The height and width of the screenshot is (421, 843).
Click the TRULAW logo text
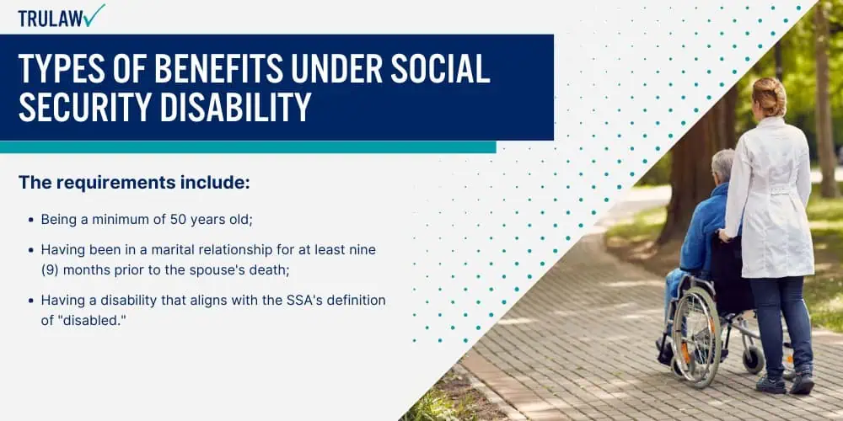(x=51, y=19)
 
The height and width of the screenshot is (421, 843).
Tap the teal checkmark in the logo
(x=94, y=15)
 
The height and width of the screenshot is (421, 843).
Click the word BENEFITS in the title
(x=218, y=69)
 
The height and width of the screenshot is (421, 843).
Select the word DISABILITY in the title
(x=235, y=106)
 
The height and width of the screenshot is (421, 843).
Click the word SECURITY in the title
(x=84, y=106)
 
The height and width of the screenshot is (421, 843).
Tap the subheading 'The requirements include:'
(x=134, y=183)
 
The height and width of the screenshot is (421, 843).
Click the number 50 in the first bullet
(x=177, y=219)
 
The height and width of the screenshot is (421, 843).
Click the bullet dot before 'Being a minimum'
(x=30, y=220)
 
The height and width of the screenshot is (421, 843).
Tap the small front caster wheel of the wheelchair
(x=753, y=360)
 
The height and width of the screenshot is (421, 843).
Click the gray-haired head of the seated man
(x=722, y=164)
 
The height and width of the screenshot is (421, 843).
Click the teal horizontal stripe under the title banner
(x=248, y=147)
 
